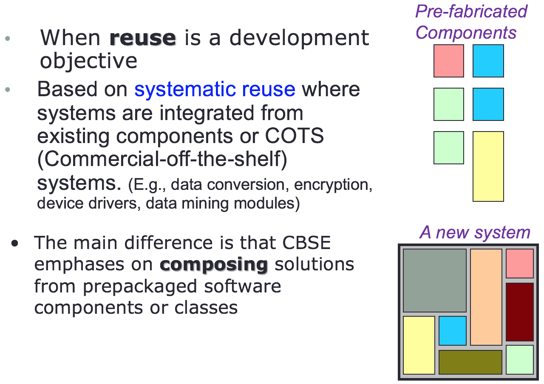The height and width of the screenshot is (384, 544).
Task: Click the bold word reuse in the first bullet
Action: [142, 38]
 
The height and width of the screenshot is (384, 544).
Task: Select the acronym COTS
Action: [295, 136]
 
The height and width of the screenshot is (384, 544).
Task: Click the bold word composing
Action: [214, 264]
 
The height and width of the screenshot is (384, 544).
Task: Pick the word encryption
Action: [333, 185]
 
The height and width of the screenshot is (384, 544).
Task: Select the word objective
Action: [88, 61]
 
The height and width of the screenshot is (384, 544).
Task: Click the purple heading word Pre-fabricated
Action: [471, 11]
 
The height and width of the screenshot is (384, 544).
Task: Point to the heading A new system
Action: [475, 232]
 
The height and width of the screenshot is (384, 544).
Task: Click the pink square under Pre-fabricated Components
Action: [448, 61]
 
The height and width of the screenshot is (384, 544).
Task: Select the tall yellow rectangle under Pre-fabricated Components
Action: [488, 166]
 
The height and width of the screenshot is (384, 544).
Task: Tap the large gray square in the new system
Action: [434, 281]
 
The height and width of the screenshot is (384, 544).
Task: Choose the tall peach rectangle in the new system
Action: [486, 297]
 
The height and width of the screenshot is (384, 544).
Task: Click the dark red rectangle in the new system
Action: [519, 312]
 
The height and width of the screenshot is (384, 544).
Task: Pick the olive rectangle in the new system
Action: [470, 362]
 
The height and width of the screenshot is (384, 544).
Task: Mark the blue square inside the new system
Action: [452, 330]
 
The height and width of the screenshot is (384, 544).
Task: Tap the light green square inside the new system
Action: [519, 360]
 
